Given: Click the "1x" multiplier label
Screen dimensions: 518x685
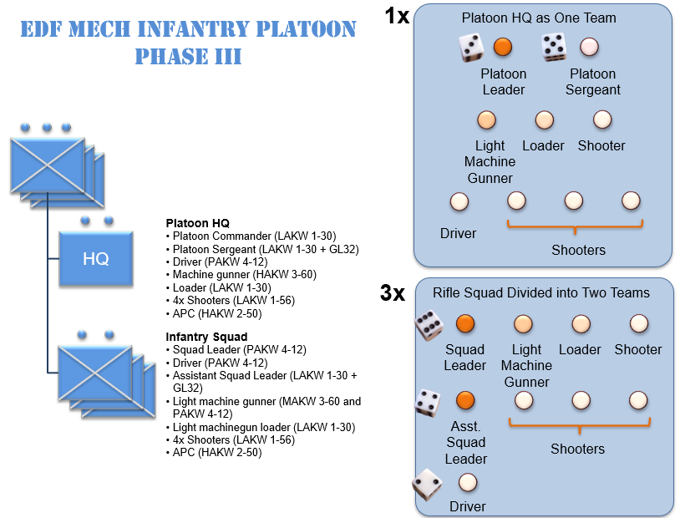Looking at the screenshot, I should point(397,16).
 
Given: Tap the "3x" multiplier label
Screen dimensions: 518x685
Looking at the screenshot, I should point(393,292).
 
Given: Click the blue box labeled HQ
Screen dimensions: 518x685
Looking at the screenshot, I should point(96,259).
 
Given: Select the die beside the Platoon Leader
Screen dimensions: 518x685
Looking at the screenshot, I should point(471,48).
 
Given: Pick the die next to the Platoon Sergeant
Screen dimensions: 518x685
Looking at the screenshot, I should point(555,48).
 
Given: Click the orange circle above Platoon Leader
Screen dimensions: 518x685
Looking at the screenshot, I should point(502,47).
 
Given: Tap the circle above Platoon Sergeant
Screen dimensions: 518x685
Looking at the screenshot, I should point(589,47).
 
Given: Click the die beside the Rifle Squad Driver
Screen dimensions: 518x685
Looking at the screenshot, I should point(428,484).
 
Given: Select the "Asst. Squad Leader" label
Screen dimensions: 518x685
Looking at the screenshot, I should point(465,443).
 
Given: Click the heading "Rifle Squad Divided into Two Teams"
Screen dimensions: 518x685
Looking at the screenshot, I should point(541,293).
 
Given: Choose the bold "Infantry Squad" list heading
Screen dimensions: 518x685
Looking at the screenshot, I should point(206,338).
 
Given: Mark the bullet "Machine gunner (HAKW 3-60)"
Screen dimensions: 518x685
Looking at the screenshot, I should point(244,274).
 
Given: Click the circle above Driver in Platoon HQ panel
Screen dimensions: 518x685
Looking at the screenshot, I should point(459,201).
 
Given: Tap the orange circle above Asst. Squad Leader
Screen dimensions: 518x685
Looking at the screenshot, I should point(465,401).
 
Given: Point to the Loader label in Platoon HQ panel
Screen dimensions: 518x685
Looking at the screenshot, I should point(544,145).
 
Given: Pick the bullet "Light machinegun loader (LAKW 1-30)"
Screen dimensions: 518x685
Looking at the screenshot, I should point(263,427).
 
